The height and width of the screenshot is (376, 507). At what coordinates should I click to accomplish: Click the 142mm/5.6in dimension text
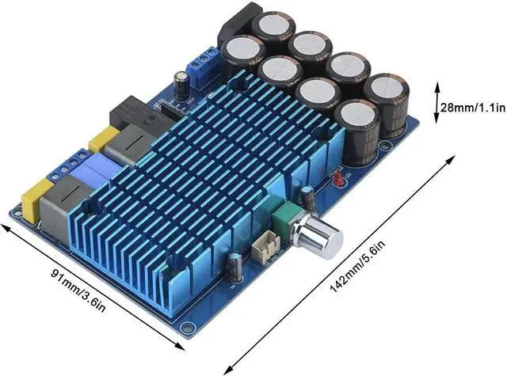coord(357,267)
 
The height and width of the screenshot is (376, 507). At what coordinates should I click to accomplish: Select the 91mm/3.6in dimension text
coord(78,289)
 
